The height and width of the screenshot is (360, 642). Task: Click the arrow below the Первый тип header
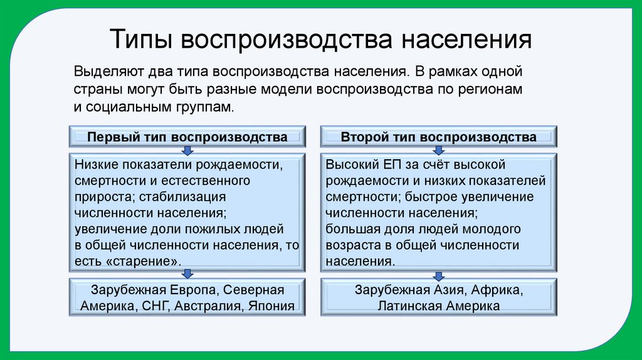[x=187, y=151]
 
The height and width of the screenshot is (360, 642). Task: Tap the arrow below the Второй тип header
[x=438, y=151]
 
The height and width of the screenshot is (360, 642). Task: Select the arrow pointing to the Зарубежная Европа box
[x=187, y=273]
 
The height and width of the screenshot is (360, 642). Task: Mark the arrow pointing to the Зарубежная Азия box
[x=438, y=273]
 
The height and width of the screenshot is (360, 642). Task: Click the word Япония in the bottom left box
[x=272, y=307]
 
